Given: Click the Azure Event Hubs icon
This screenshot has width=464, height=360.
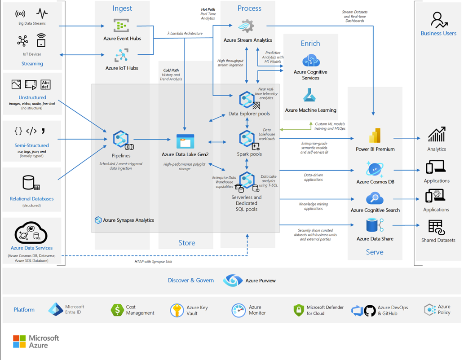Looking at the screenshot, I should [x=121, y=26].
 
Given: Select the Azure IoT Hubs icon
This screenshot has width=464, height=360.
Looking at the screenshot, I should [x=121, y=56].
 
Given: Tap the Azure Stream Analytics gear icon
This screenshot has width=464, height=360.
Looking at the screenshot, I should [x=247, y=26].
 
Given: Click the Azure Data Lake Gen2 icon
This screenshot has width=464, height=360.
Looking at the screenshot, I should [x=185, y=141].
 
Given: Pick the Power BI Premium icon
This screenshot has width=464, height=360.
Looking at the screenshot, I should [x=375, y=136].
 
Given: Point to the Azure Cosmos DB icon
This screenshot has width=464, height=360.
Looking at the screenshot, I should [x=375, y=169].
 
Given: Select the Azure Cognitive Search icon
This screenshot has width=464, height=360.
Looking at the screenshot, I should [x=375, y=198].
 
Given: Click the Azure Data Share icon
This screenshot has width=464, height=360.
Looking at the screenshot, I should [x=375, y=226].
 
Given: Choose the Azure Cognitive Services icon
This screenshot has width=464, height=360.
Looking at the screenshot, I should [x=311, y=60].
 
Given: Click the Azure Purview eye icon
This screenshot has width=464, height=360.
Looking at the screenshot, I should [x=233, y=281].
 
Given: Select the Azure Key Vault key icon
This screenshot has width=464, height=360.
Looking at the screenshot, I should [x=177, y=310].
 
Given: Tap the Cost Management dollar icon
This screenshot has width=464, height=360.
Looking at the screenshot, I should [x=117, y=310].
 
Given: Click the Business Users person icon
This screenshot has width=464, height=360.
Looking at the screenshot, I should [x=438, y=20].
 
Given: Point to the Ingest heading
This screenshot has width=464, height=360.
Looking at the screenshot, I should [x=122, y=9].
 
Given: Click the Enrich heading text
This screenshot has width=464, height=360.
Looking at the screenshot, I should [x=310, y=44].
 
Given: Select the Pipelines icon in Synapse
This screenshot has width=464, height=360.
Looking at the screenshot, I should [x=121, y=140].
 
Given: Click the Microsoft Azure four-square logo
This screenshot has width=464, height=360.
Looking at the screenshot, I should [x=19, y=342].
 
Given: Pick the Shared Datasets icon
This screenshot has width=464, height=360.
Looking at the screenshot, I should [x=436, y=227].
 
